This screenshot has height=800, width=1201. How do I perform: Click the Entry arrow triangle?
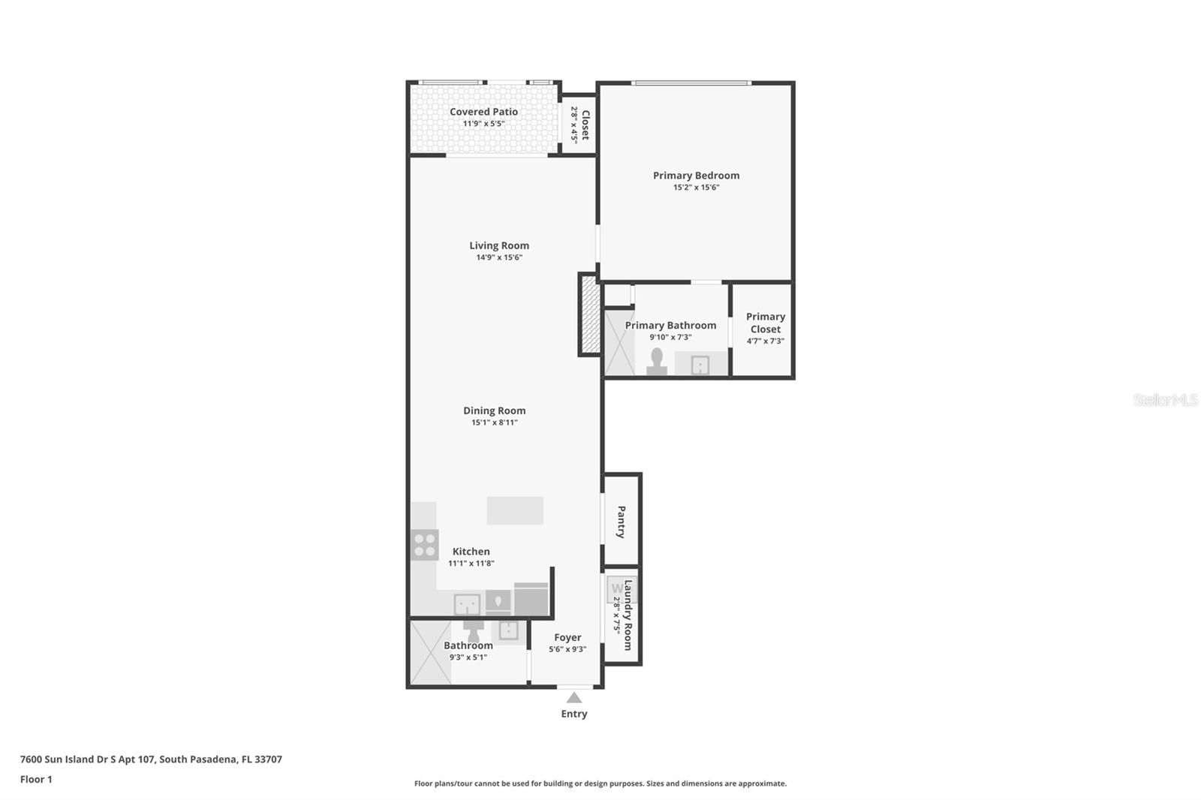573,698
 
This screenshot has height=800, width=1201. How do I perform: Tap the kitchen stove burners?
425,545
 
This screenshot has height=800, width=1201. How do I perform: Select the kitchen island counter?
515,510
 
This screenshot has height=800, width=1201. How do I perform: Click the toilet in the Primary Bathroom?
656,362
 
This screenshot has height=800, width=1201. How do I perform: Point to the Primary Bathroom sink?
700,365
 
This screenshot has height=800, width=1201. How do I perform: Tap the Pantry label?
621,522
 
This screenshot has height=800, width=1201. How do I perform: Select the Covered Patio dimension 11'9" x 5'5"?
483,124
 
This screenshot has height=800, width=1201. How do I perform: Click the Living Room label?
499,245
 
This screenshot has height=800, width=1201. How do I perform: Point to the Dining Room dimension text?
495,423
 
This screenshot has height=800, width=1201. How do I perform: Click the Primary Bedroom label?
696,176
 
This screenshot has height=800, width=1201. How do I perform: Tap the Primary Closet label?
766,323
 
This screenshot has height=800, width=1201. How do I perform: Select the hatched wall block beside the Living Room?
590,314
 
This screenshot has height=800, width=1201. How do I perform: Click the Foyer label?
567,637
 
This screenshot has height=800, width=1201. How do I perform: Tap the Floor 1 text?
36,779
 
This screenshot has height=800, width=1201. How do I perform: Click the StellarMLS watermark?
1166,399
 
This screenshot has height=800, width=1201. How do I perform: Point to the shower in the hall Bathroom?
431,652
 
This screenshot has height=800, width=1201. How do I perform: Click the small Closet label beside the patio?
585,125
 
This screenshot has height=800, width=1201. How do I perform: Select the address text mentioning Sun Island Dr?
151,759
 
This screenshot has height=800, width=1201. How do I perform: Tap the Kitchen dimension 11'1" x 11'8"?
471,564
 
